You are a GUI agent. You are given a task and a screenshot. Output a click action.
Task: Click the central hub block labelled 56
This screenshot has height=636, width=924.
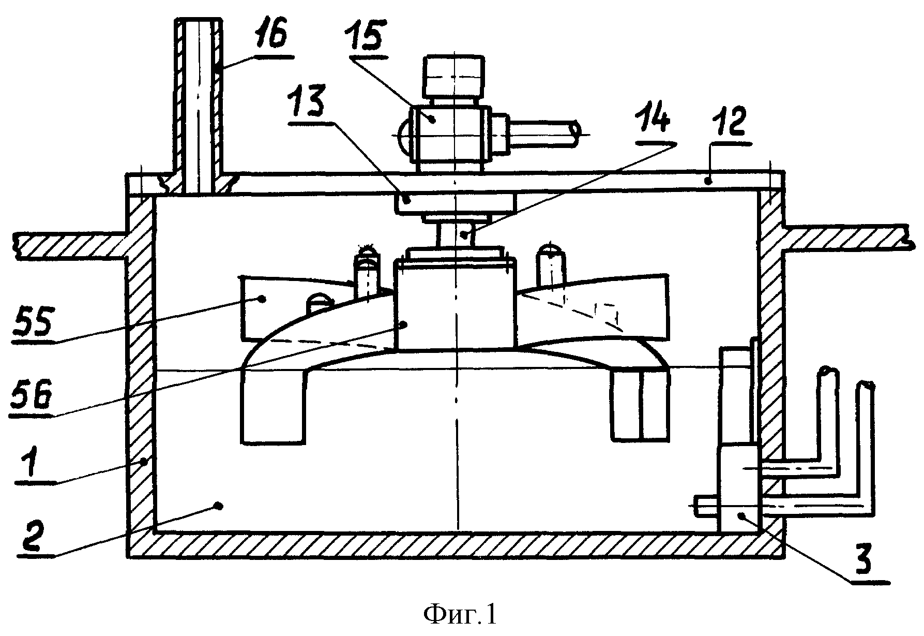(456, 305)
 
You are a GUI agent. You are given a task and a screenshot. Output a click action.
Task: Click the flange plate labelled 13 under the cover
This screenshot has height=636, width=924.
(456, 203)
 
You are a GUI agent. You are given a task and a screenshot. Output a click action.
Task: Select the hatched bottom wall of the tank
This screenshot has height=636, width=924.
(456, 545)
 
